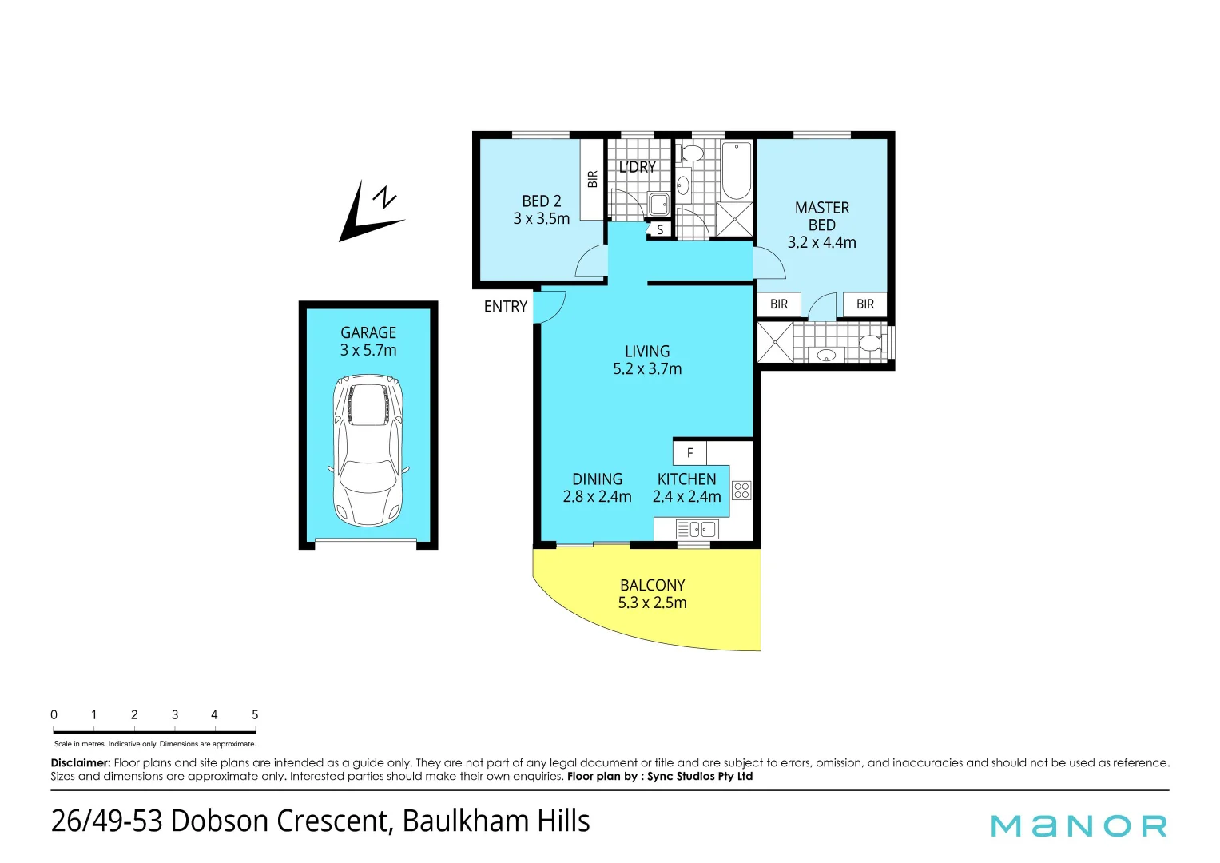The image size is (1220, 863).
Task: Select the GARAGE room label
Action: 368,341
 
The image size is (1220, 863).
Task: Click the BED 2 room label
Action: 542,210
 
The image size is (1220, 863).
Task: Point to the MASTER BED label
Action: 821,225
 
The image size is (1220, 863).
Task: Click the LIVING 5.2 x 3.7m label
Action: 647,360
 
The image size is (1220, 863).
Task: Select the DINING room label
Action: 597,487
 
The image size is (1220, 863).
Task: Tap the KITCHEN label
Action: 686,487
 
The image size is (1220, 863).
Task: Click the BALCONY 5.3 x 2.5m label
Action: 652,594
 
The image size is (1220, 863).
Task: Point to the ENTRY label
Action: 506,307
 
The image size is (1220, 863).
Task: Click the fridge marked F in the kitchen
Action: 690,453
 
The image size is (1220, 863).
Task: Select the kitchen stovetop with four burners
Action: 741,491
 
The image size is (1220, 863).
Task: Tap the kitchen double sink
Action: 697,529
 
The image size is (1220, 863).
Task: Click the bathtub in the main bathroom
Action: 737,170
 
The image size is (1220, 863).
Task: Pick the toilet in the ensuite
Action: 869,344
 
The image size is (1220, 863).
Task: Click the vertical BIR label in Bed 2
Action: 592,179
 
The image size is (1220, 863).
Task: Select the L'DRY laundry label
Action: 638,167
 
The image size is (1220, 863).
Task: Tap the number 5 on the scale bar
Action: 255,715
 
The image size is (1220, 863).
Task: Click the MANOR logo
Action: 1079,825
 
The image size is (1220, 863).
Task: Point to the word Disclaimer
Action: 81,763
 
